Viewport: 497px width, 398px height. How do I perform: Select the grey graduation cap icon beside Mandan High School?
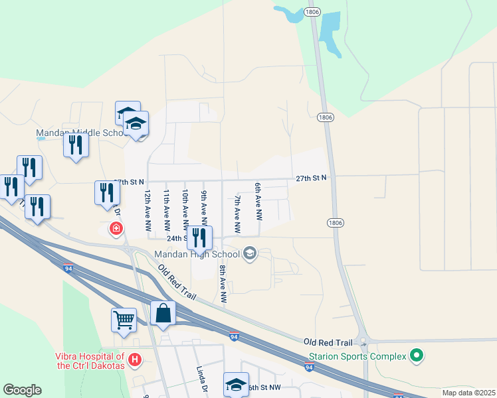[250, 253]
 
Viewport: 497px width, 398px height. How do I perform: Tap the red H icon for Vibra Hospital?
[135, 360]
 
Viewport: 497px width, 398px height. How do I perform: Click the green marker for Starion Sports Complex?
[417, 357]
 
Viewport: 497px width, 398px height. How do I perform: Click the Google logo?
[22, 390]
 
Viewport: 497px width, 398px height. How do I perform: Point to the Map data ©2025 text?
[469, 392]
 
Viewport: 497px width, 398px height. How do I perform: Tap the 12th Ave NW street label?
[148, 210]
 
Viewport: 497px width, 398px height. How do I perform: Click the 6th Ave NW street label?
[258, 202]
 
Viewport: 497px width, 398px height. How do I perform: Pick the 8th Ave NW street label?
[223, 285]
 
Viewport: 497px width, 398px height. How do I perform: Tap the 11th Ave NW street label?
[167, 210]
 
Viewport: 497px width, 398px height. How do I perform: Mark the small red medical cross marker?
[116, 229]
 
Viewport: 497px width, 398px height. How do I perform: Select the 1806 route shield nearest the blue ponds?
[312, 12]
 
